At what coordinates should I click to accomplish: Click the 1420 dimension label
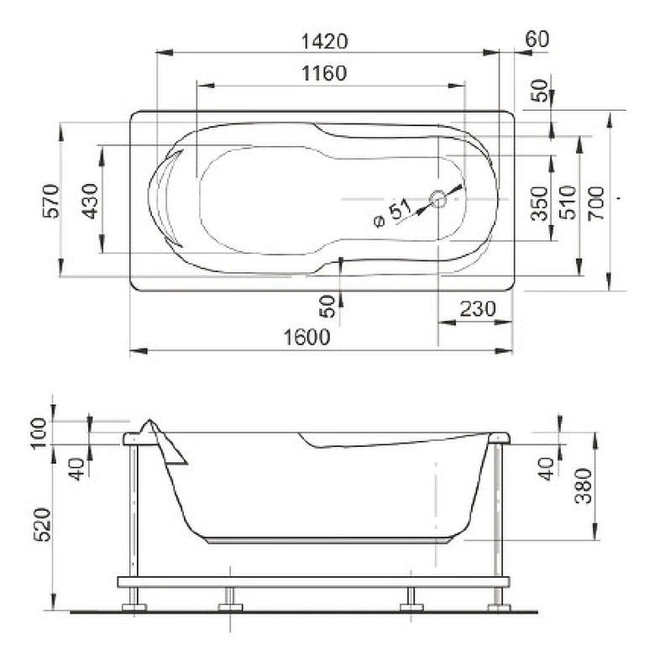[324, 41]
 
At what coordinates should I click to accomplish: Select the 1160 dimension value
[324, 73]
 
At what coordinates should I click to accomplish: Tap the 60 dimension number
[537, 39]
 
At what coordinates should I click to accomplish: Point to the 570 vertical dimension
[51, 201]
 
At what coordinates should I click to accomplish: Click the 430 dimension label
[90, 201]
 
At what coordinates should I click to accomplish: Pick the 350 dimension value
[539, 203]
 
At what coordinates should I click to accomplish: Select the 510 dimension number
[569, 202]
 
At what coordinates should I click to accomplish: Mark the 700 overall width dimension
[596, 203]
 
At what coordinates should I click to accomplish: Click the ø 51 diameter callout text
[392, 213]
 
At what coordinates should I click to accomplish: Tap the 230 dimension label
[478, 308]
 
